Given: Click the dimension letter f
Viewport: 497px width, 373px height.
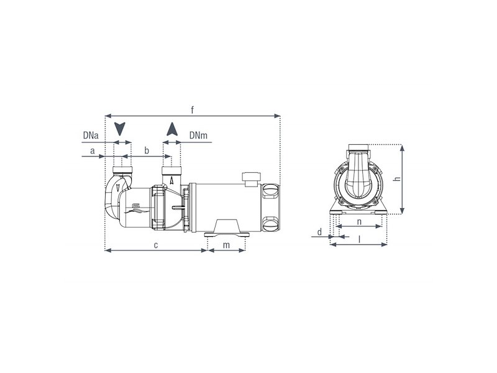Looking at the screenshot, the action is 192,110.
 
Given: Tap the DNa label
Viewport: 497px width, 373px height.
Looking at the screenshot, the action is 91,136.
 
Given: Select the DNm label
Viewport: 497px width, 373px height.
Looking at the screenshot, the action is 198,136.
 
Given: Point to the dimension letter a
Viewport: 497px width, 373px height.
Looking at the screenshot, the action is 92,150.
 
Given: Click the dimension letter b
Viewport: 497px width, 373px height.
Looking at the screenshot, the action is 147,150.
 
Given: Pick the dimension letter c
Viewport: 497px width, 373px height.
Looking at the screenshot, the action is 156,245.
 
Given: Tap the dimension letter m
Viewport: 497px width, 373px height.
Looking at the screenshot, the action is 226,245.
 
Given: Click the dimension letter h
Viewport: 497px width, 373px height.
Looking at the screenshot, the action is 397,179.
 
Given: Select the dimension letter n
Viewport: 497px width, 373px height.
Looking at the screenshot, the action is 359,222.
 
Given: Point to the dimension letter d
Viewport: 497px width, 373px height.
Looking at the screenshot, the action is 319,232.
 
